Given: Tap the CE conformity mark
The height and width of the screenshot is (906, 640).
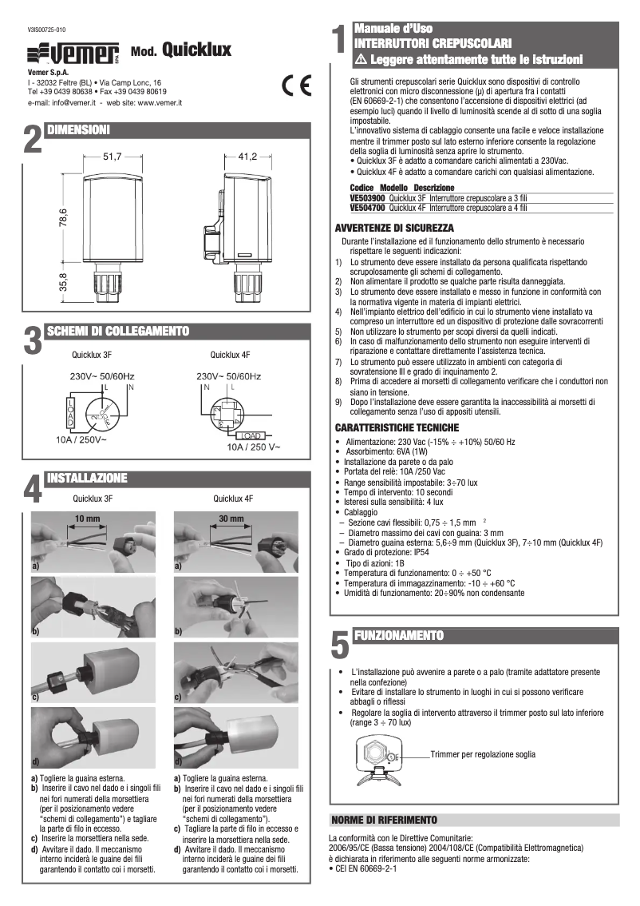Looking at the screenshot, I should (x=298, y=86).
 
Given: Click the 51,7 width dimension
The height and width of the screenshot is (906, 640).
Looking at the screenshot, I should (x=111, y=157).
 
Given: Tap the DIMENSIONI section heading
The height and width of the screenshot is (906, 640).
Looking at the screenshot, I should (x=77, y=129).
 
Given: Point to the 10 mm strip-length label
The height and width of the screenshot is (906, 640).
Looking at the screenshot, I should (x=87, y=519).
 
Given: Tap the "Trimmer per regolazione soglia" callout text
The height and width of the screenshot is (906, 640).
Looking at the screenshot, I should (x=483, y=754).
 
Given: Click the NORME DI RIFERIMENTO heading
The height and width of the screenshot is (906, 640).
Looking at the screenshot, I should (x=385, y=820).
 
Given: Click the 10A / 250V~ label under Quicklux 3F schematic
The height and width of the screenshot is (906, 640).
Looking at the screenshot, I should (x=81, y=439).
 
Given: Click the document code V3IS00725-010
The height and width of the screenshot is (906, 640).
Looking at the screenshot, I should (x=49, y=29).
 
